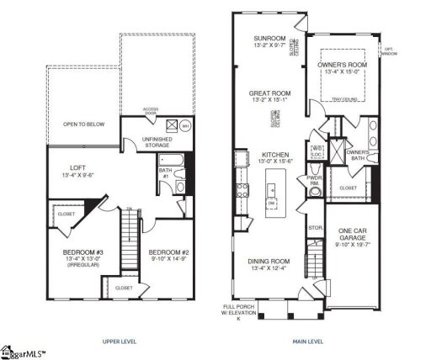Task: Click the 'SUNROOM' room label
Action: [269, 40]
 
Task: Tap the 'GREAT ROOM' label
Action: [269, 93]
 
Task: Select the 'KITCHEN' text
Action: [275, 155]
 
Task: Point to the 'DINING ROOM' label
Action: [269, 262]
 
